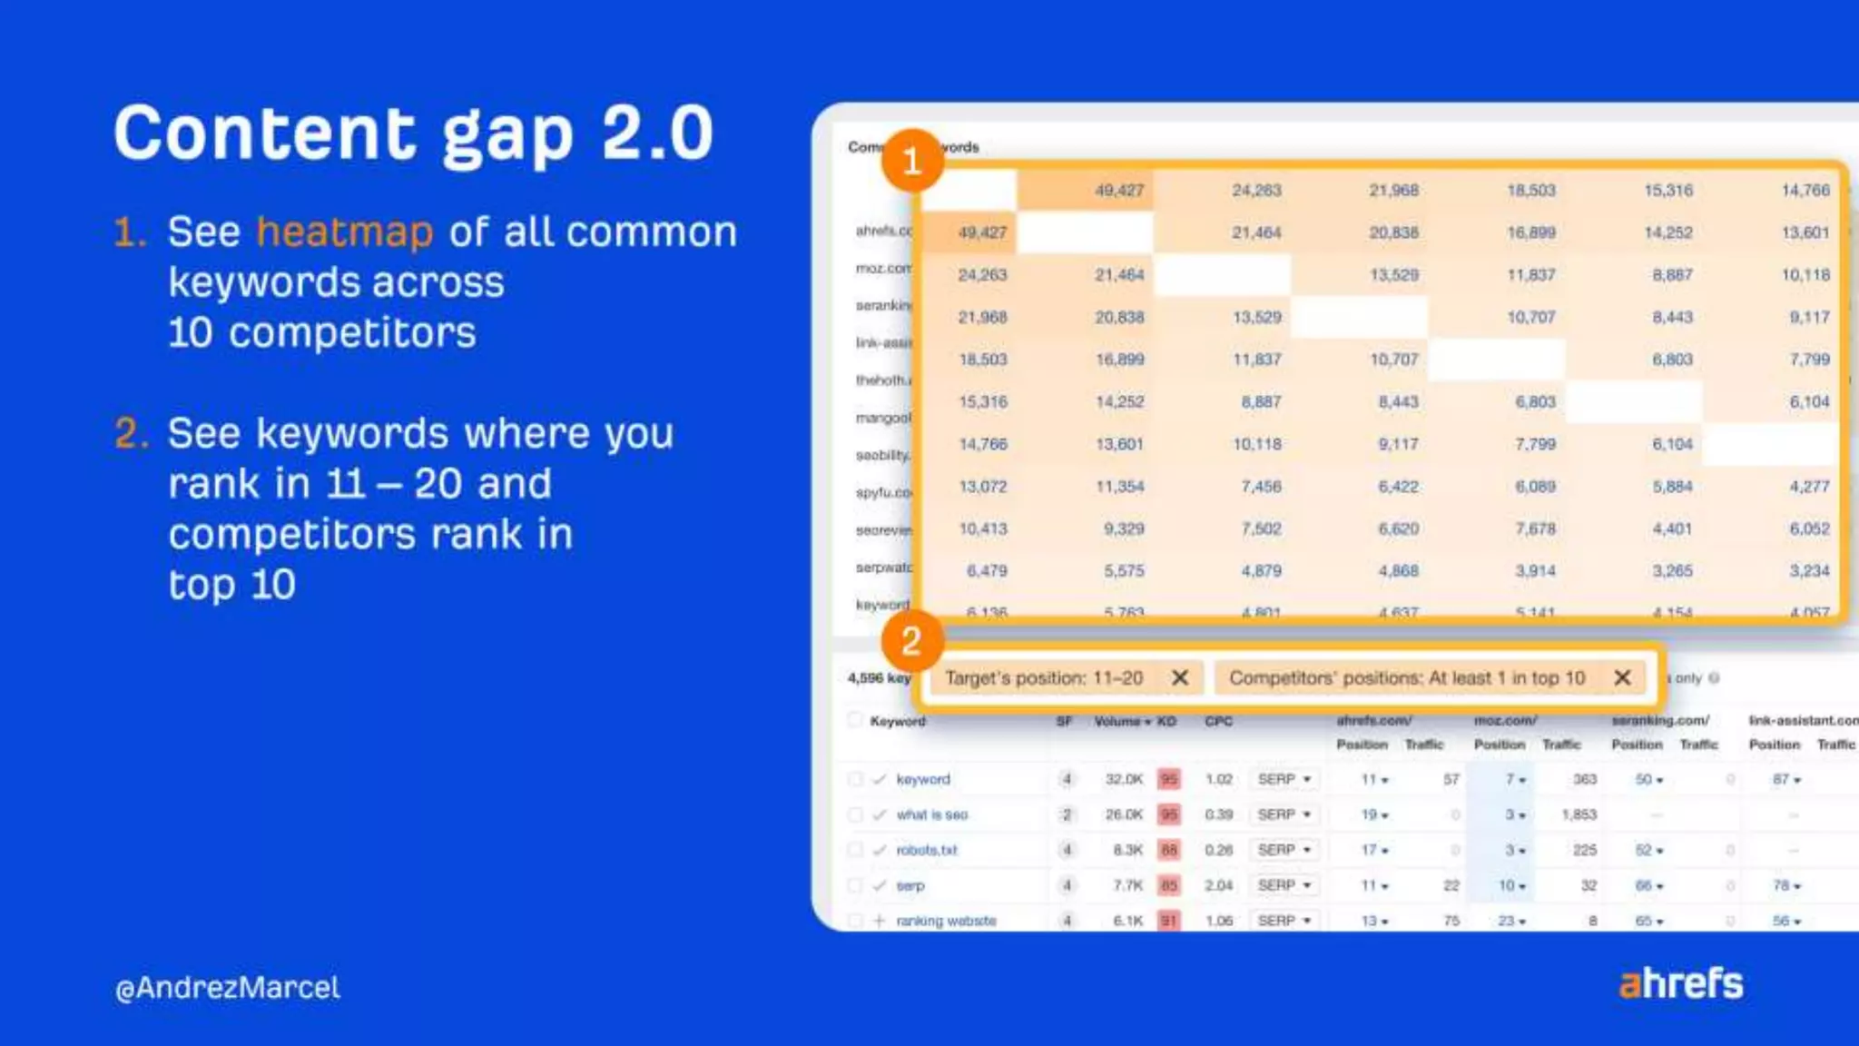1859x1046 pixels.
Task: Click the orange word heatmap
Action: click(x=344, y=232)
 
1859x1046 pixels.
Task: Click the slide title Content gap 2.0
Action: click(x=413, y=133)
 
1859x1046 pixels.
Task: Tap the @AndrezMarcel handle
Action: click(x=228, y=988)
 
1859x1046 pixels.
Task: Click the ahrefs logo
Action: click(x=1680, y=983)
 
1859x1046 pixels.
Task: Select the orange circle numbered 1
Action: click(x=912, y=161)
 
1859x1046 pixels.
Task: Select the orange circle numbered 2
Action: click(x=911, y=641)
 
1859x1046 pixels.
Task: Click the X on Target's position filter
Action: click(x=1180, y=677)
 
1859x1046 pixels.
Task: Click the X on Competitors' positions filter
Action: click(x=1622, y=677)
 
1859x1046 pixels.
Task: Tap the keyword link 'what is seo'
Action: click(x=932, y=814)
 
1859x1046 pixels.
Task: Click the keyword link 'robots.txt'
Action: click(x=927, y=850)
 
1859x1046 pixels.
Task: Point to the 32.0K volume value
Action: click(x=1124, y=779)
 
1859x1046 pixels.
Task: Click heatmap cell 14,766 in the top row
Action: click(x=1805, y=190)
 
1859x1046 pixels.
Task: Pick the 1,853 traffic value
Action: click(x=1579, y=814)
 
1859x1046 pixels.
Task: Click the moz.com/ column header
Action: click(x=1505, y=720)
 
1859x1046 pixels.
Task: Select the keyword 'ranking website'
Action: click(x=946, y=921)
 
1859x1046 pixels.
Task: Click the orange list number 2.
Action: click(x=130, y=433)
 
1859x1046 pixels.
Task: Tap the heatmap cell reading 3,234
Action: click(x=1808, y=570)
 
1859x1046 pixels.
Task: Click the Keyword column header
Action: click(x=898, y=721)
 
